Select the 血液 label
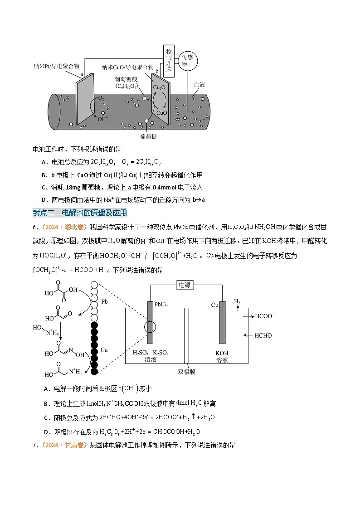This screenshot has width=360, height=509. [200, 85]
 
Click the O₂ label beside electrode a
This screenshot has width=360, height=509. [101, 98]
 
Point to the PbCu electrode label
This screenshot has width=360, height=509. [161, 304]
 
